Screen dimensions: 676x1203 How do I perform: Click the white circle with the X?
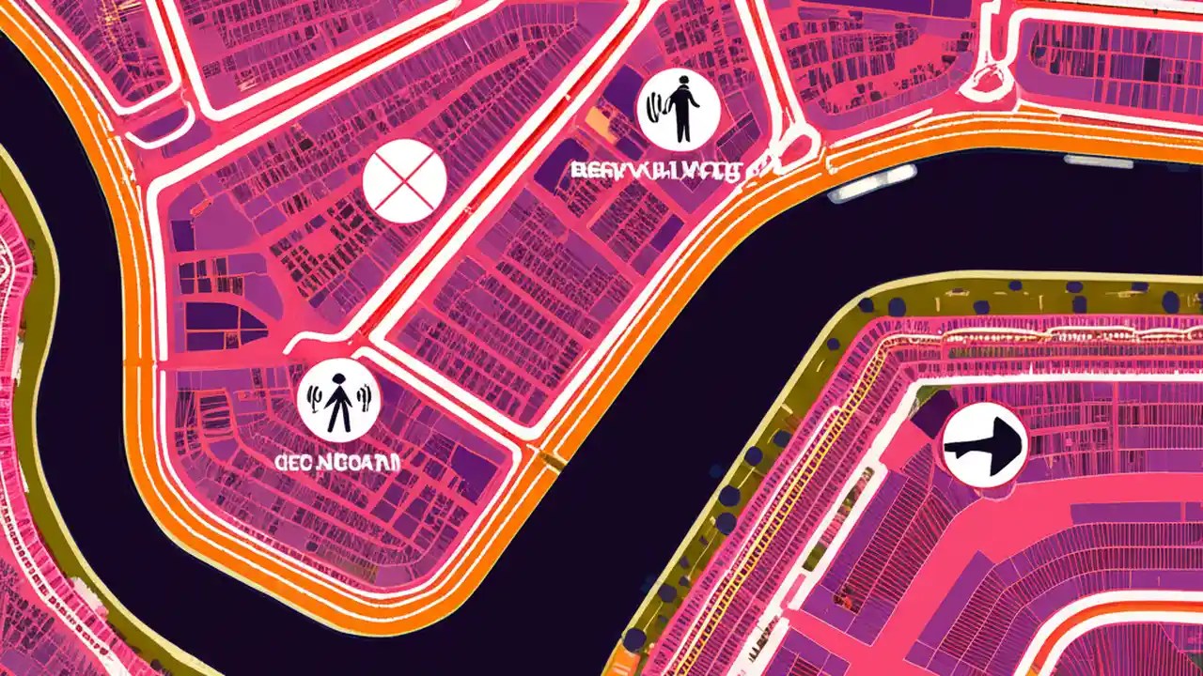404,180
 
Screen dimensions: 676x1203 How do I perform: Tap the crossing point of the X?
404,180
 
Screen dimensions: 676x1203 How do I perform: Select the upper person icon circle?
679,108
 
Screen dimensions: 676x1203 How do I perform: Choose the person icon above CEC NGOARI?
338,401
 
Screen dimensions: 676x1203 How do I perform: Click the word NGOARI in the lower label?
368,462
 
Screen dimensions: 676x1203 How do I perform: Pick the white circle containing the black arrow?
984,445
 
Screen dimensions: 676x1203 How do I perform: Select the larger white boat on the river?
871,184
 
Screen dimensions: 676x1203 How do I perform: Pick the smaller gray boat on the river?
1098,162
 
